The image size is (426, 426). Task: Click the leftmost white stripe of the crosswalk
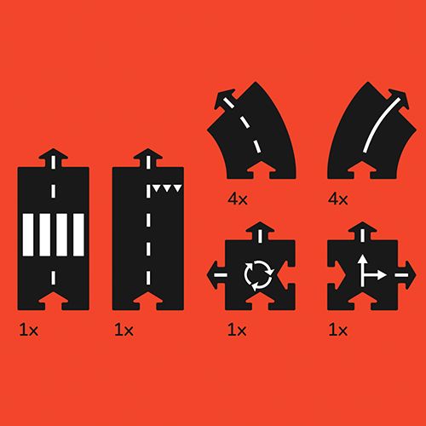point(28,235)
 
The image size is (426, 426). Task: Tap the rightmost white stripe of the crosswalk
point(78,235)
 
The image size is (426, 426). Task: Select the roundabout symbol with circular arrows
point(258,275)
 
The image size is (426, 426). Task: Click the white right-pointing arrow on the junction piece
point(374,275)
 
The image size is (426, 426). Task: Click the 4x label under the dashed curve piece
point(238,199)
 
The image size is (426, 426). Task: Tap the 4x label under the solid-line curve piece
point(338,199)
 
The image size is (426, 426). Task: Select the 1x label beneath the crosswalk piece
point(29,331)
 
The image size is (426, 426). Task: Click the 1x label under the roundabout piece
point(237,331)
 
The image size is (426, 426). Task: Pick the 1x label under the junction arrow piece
point(338,331)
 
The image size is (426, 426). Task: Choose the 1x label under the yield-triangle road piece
point(124,331)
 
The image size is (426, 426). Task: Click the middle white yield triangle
point(167,187)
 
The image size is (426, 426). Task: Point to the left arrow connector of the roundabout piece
point(216,275)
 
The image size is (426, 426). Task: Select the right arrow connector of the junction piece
point(406,275)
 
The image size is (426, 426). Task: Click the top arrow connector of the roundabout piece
point(260,232)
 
